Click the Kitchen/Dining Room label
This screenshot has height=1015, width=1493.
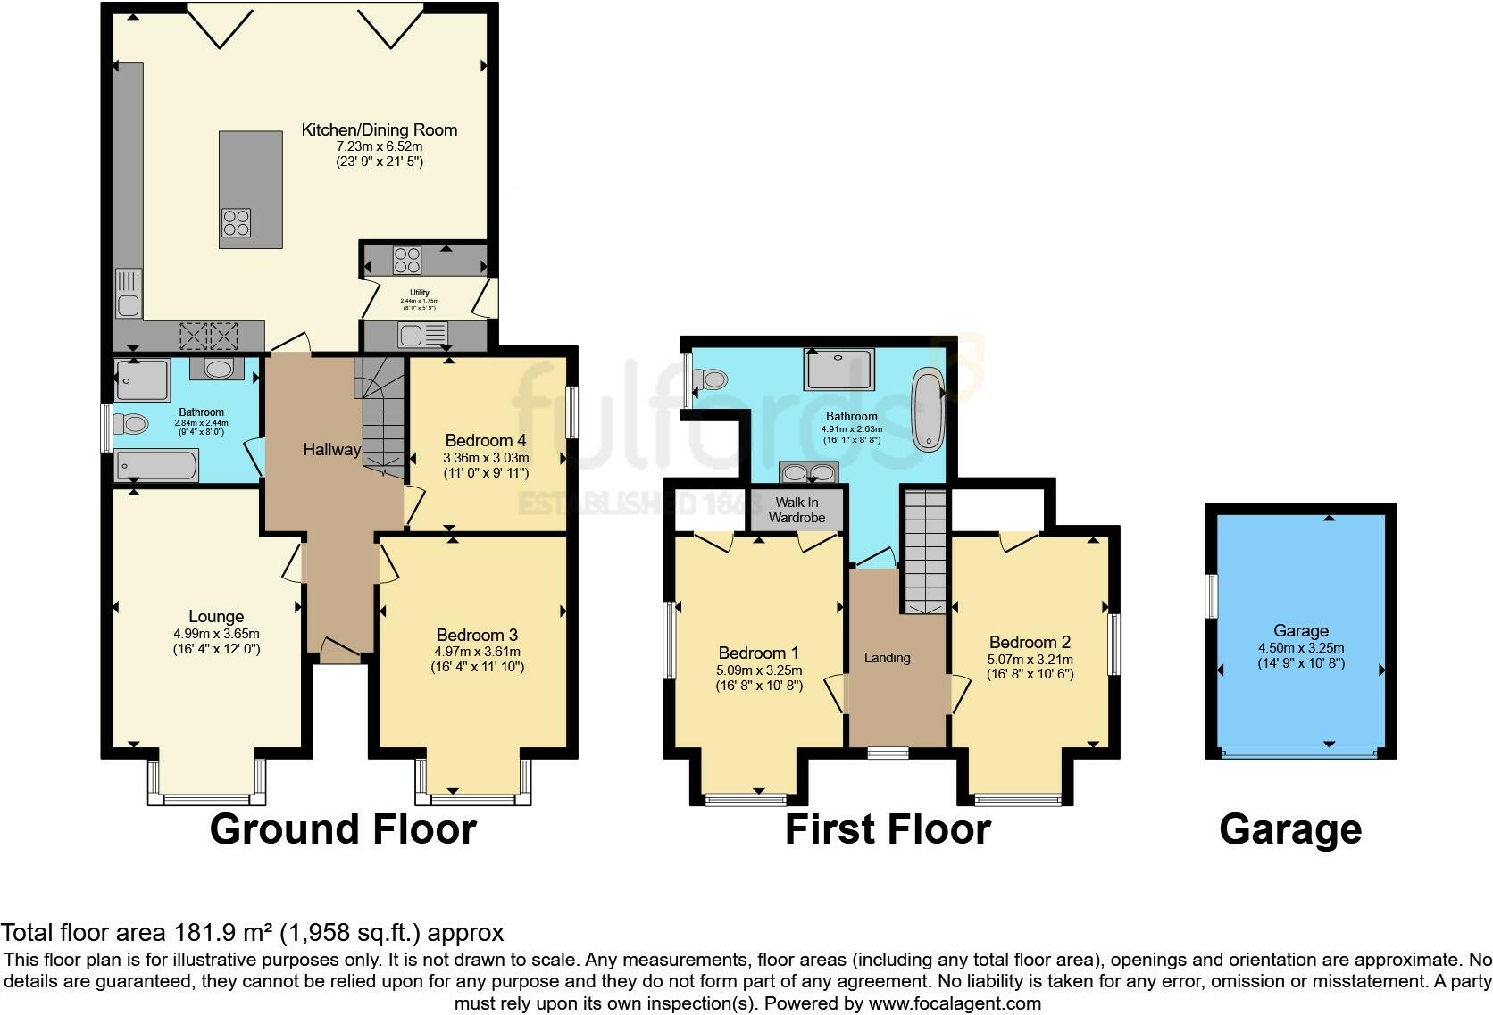pos(379,130)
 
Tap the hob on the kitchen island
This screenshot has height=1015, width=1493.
pos(237,220)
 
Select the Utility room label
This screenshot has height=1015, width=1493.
pos(419,293)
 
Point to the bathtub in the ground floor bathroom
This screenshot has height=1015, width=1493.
pos(156,465)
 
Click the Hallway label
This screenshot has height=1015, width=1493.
pos(331,450)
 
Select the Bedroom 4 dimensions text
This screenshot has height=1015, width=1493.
pos(486,466)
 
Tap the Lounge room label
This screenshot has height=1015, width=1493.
pos(216,617)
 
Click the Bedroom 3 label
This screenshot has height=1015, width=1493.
pos(477,635)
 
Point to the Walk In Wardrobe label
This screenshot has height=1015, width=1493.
pos(797,510)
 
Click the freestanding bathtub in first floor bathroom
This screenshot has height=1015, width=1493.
pos(927,409)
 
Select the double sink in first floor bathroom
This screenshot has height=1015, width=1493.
pos(809,472)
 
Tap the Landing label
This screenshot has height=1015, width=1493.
pos(887,658)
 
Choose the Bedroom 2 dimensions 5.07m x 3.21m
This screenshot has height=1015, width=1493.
pos(1030,659)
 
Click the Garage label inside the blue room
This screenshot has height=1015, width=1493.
pos(1300,630)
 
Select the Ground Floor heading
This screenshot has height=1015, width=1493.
pos(343,829)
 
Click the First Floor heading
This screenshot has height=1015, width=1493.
pos(887,829)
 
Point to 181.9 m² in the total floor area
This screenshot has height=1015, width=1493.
pos(222,933)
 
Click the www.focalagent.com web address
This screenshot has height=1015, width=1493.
pos(954,1003)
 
